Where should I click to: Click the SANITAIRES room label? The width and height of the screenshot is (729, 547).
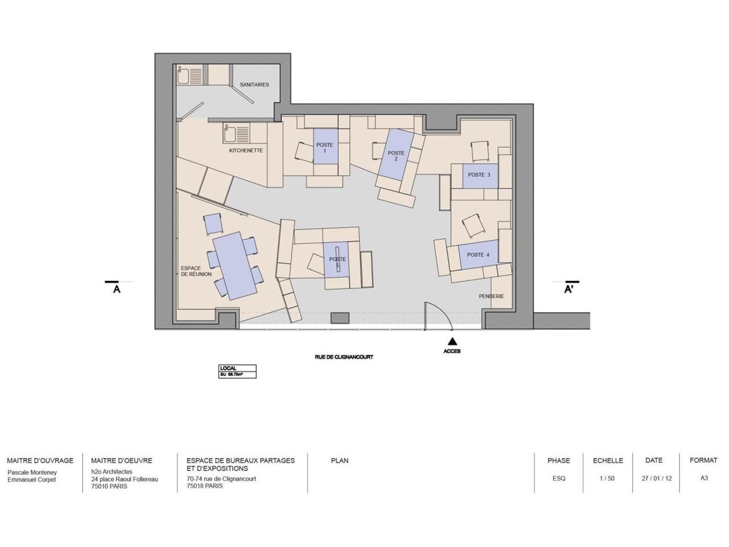[x=254, y=85]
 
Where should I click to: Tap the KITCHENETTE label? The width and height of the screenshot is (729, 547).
[x=245, y=150]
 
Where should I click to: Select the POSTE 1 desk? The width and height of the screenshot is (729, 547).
[x=325, y=148]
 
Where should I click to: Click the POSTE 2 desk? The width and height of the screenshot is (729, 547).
[x=396, y=154]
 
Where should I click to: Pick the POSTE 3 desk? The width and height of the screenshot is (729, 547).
[x=479, y=175]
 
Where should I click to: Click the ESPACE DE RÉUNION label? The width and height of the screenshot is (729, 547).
[x=196, y=271]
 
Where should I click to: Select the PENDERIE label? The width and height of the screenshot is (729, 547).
[x=491, y=296]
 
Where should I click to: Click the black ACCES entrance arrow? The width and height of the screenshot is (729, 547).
[x=452, y=341]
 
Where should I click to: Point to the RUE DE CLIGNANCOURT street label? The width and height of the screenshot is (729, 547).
[x=343, y=357]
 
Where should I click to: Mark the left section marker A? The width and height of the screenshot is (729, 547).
[x=116, y=289]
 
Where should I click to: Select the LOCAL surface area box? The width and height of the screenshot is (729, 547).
[x=237, y=372]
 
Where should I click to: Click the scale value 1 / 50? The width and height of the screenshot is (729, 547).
[x=607, y=479]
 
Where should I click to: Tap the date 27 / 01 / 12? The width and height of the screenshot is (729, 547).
[x=656, y=479]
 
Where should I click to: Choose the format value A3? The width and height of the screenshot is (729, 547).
[x=704, y=478]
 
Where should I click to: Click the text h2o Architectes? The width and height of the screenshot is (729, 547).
[x=112, y=472]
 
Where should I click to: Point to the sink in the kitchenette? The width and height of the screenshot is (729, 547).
[x=230, y=134]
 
